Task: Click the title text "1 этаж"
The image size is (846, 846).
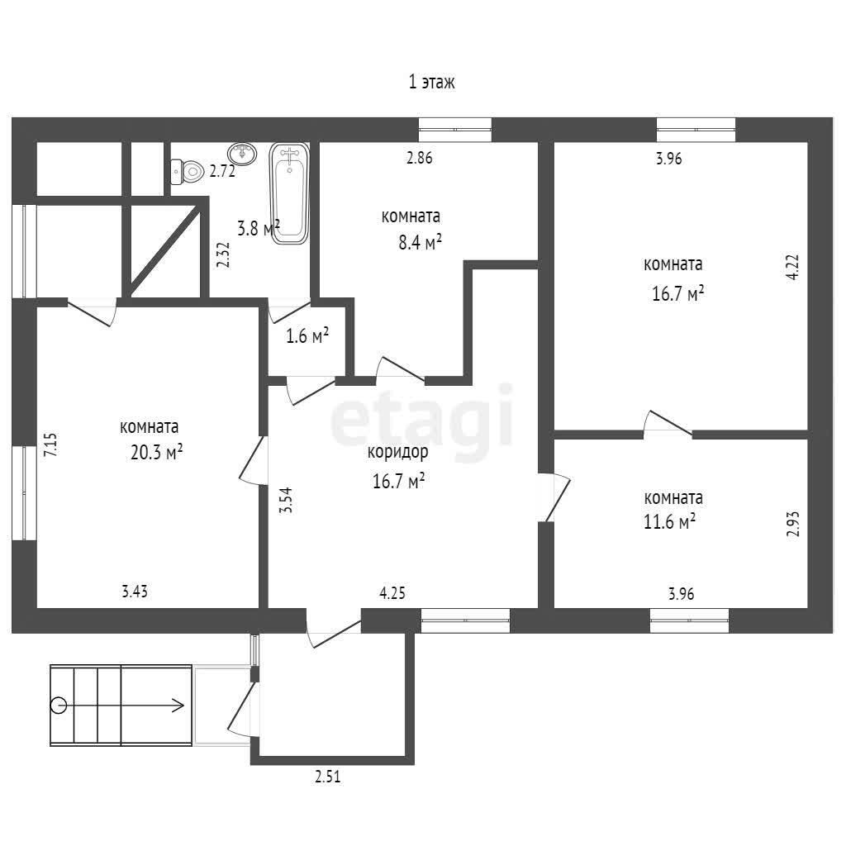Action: coord(431,82)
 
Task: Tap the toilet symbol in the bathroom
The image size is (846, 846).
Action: coord(187,172)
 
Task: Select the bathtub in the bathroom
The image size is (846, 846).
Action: coord(289,193)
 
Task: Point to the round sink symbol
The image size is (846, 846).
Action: coord(242,154)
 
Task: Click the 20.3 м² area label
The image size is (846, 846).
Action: coord(156,452)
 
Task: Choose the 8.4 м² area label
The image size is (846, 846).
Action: coord(421,243)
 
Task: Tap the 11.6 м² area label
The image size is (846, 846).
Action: coord(669,522)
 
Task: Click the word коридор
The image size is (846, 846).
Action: coord(397,452)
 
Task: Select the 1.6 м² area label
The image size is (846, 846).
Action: coord(307,336)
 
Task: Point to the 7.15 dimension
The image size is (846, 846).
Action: coord(50,445)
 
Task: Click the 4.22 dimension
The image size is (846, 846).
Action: coord(792,267)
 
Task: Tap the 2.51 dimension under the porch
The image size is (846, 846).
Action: coord(328,777)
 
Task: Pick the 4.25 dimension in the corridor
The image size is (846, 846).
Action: coord(392,593)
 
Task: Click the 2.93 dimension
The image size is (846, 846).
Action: coord(792,524)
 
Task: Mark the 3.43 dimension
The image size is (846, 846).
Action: coord(135,592)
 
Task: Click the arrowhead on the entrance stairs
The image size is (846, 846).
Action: coord(179,706)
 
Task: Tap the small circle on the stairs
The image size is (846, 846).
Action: coord(59,706)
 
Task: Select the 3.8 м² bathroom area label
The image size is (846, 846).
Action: coord(259,228)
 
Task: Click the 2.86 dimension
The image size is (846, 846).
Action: coord(419,158)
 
